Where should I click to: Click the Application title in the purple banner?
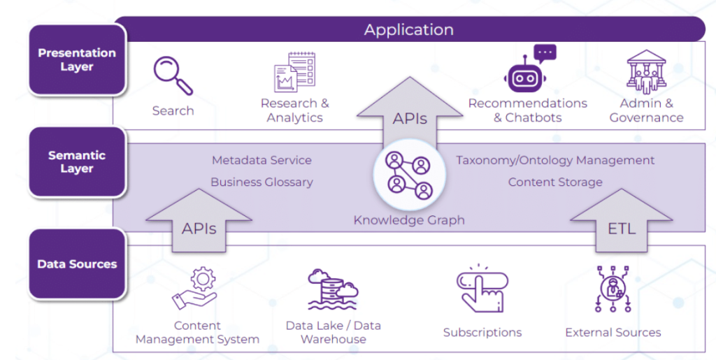[409, 29]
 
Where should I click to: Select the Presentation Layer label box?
[77, 60]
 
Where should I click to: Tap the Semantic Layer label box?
[77, 162]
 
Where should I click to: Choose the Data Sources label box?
[77, 264]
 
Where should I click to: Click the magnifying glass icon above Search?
[173, 75]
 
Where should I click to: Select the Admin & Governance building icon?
[646, 73]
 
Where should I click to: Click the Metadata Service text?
[262, 160]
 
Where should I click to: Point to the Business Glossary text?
[262, 182]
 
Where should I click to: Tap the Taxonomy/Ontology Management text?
[555, 160]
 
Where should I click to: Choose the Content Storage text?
[555, 182]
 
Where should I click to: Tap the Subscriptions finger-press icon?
[482, 289]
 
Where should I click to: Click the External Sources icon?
[613, 289]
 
